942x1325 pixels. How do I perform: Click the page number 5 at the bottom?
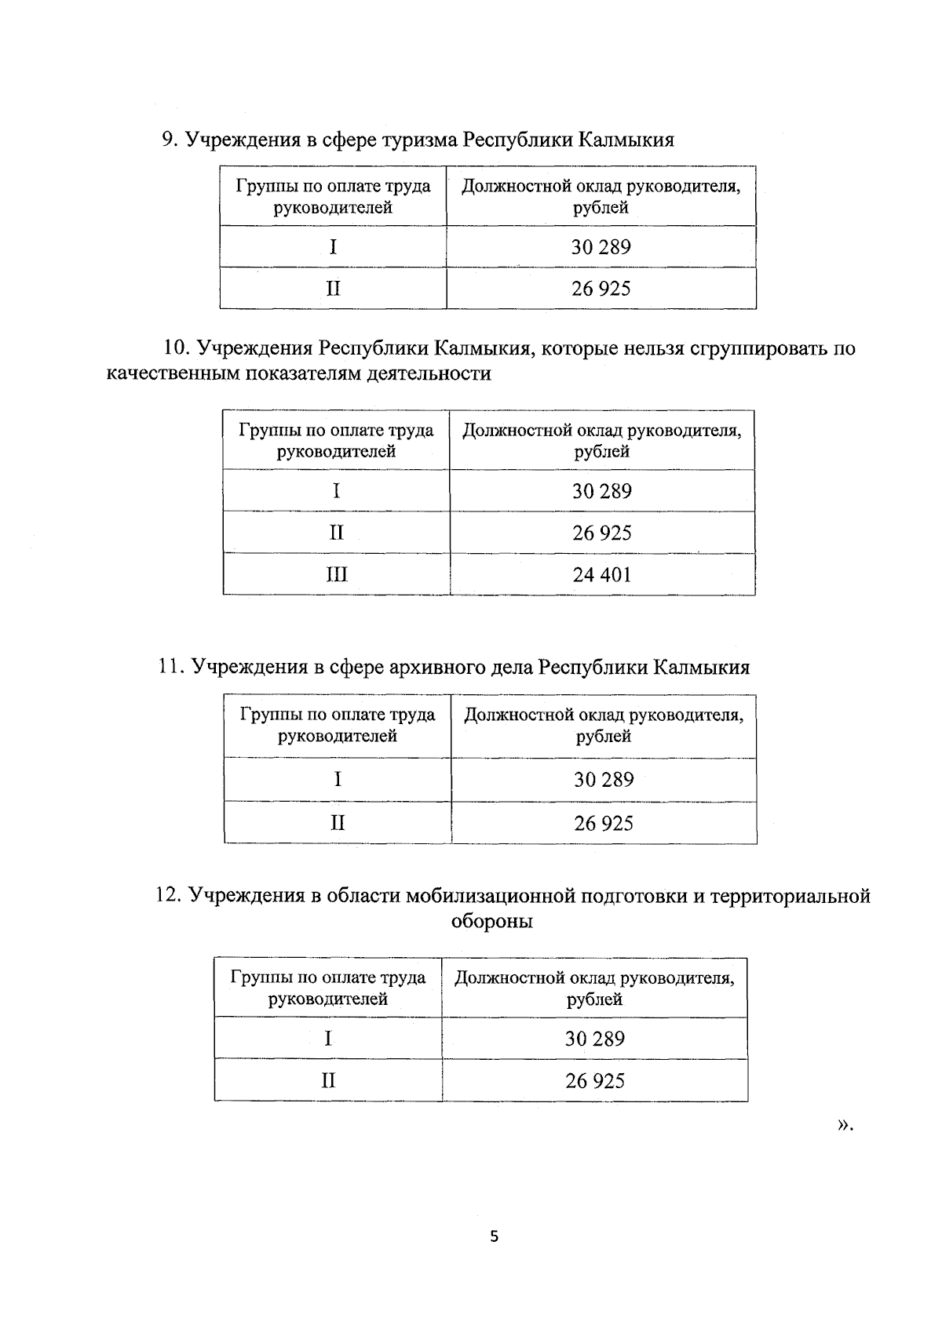point(494,1237)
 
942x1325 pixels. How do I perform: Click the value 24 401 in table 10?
point(601,575)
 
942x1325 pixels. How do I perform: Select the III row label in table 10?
point(336,575)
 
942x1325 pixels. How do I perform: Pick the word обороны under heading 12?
point(492,921)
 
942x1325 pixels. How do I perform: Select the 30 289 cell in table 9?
point(601,247)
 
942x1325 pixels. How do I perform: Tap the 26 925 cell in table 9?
point(601,289)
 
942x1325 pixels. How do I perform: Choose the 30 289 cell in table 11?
point(603,780)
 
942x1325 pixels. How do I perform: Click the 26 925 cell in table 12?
point(595,1081)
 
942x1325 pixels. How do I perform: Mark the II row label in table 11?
point(338,823)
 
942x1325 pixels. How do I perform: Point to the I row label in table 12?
point(328,1039)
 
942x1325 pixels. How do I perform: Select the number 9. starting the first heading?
point(170,140)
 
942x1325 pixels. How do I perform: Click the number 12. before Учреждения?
point(169,896)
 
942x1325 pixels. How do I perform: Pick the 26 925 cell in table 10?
point(601,533)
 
